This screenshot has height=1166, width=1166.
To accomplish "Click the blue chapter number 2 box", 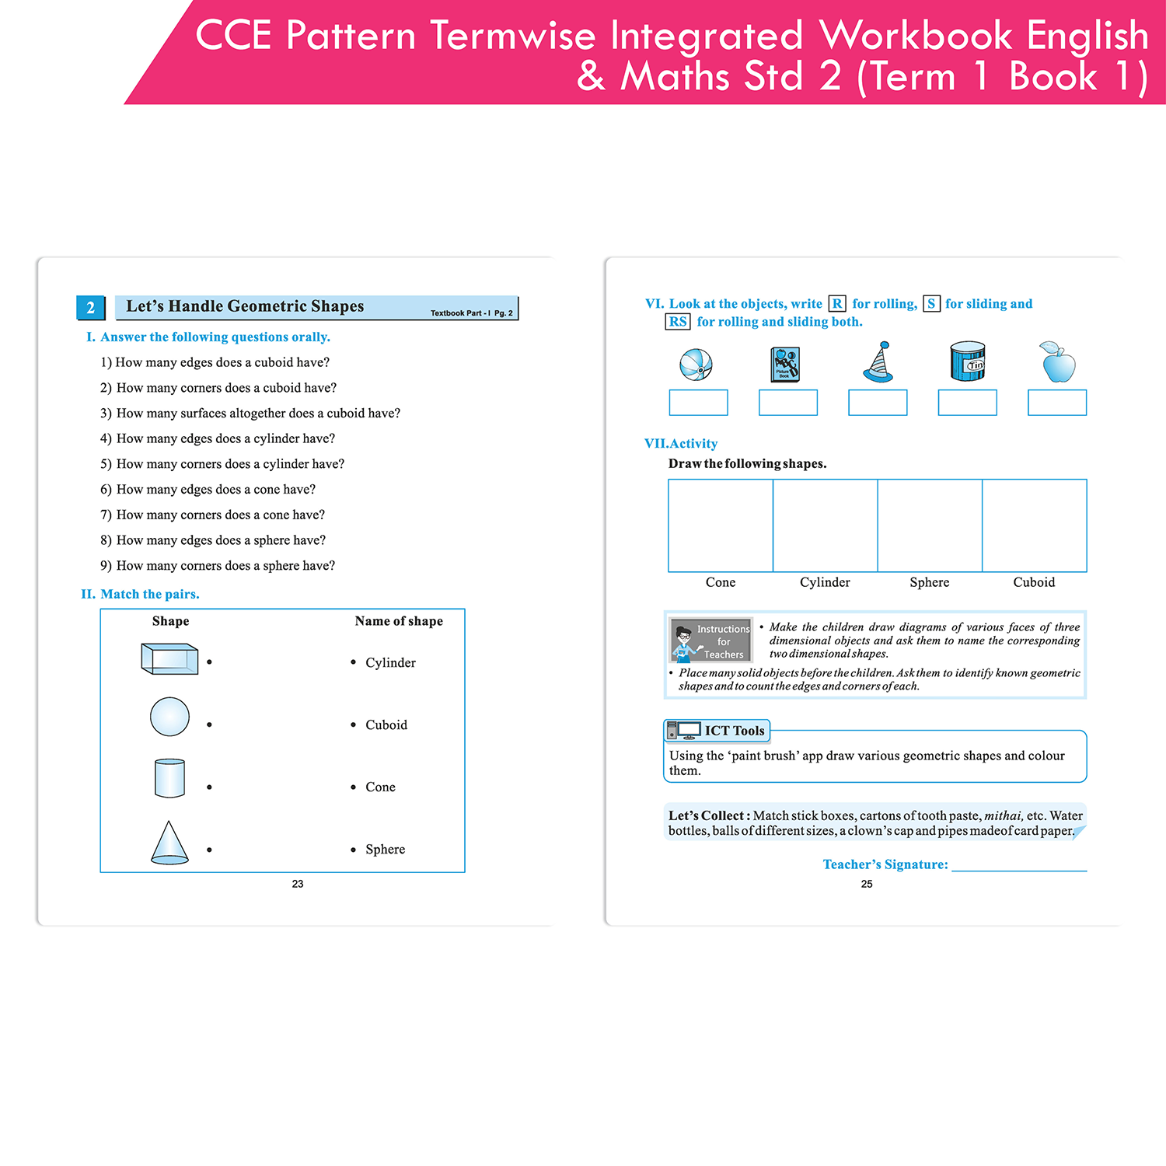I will coord(90,308).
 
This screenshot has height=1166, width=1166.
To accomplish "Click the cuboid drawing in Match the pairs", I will coord(169,659).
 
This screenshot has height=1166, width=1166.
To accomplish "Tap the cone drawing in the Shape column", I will coord(169,843).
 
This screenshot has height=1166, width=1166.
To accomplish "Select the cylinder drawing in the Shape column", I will coord(169,778).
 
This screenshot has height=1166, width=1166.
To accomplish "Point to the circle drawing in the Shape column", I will coord(169,717).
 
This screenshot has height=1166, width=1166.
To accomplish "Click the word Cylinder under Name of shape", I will coord(390,662).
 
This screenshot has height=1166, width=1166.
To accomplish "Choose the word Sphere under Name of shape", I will coord(385,849).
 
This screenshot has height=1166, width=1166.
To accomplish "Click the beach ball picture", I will coord(696,364).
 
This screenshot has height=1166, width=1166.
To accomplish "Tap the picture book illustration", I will coord(785,364).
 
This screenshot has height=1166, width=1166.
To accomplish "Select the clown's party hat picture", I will coord(878,362).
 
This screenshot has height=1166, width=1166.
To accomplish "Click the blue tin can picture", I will coord(968,361).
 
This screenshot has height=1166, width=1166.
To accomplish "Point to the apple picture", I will coord(1057,362).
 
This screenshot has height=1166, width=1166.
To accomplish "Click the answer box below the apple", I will coord(1057,403).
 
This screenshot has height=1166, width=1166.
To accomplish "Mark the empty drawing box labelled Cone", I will coord(721,525).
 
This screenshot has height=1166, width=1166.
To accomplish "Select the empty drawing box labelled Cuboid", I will coord(1035,525).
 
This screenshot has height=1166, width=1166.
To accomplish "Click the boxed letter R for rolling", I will coord(837,304).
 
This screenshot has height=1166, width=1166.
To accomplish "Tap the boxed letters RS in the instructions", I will coord(678,322).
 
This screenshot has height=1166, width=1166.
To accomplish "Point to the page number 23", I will coord(298,884).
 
